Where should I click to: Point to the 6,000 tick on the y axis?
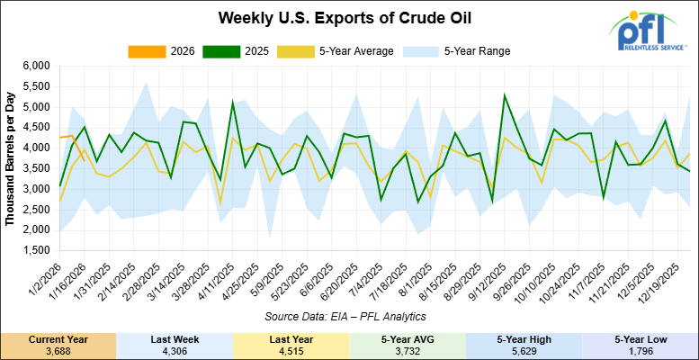(x=36, y=67)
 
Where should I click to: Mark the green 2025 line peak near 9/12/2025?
(x=504, y=94)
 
